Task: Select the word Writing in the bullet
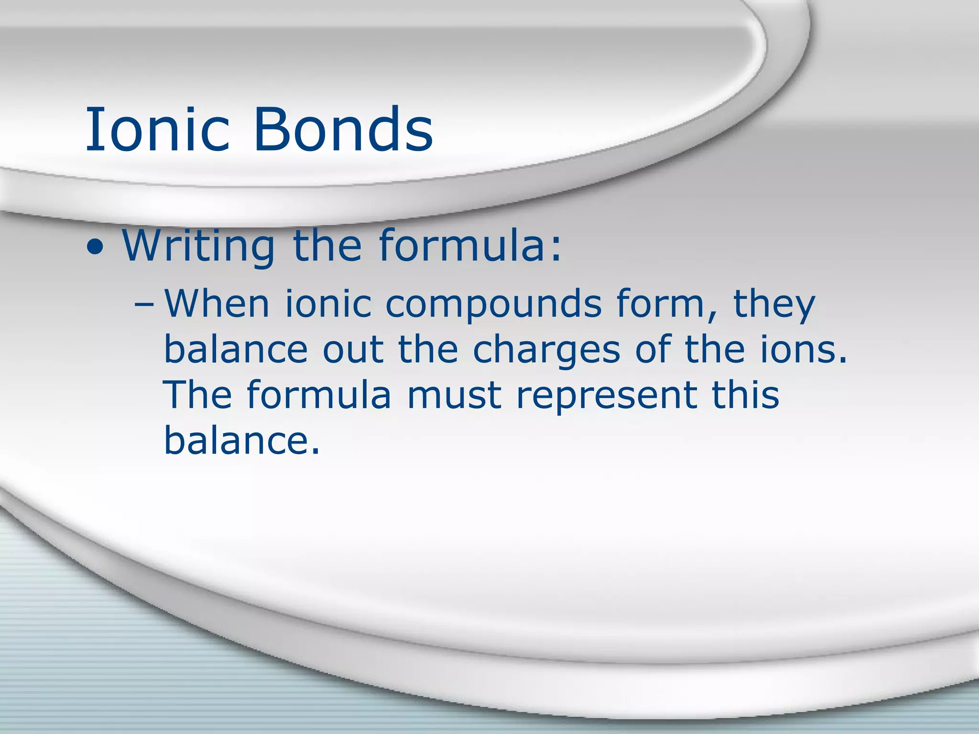pos(198,246)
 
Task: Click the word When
pos(218,304)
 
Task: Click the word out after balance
pos(353,350)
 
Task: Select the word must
pos(454,396)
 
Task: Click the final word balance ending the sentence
pos(241,440)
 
